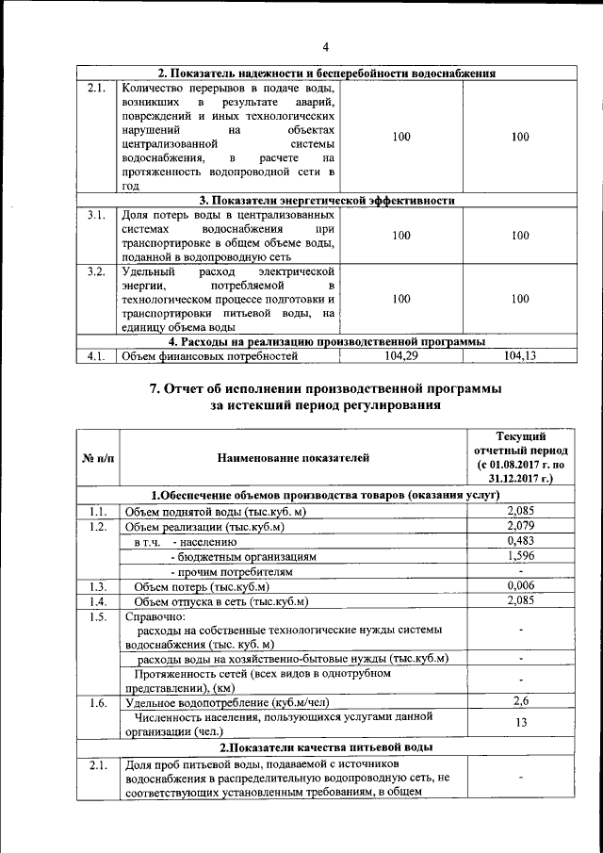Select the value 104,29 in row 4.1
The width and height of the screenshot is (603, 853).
(x=401, y=355)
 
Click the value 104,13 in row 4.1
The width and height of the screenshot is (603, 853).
(x=520, y=355)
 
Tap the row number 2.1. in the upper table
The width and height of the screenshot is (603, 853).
(x=95, y=89)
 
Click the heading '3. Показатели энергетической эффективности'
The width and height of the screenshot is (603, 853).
(x=327, y=200)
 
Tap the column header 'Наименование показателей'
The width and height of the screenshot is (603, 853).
(x=293, y=458)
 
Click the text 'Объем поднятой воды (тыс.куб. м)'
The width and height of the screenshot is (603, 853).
(x=218, y=511)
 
